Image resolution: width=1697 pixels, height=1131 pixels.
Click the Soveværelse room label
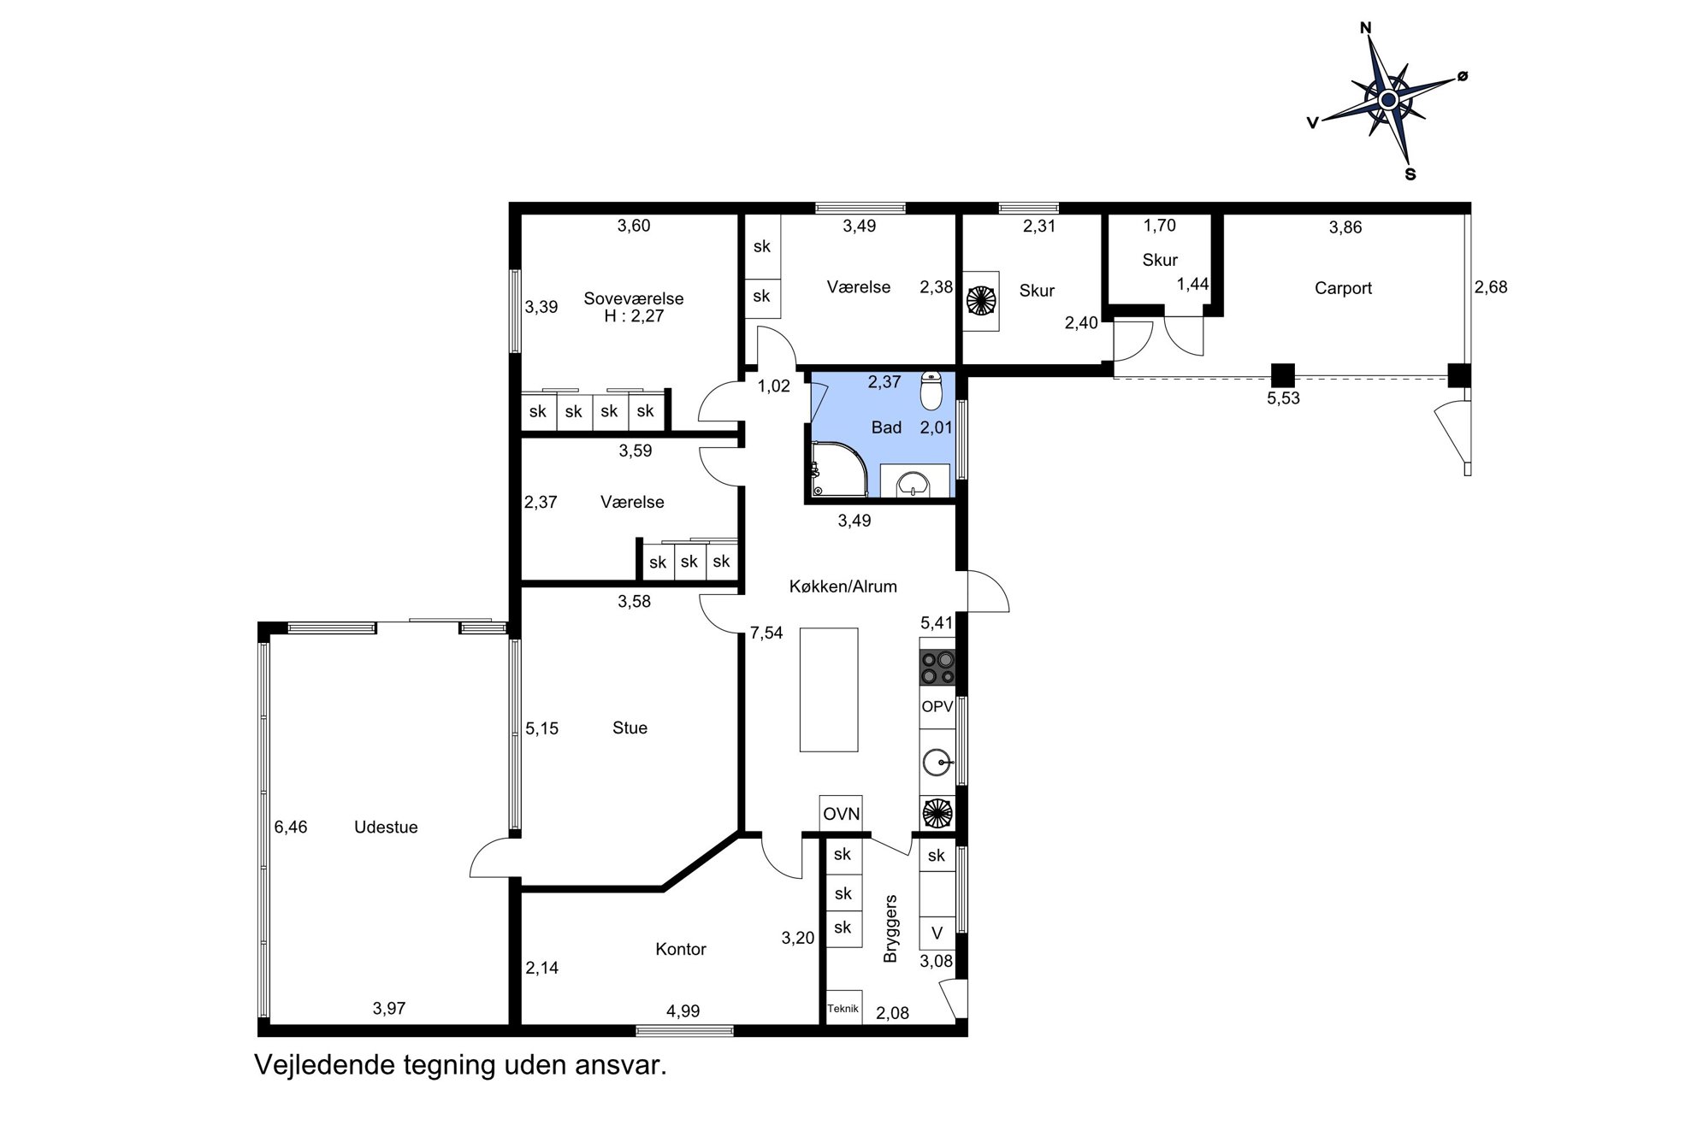click(x=633, y=298)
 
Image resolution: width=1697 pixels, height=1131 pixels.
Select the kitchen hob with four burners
click(x=937, y=668)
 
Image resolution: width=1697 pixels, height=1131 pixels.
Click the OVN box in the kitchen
click(x=841, y=814)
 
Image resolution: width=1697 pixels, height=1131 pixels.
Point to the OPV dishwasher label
click(x=937, y=707)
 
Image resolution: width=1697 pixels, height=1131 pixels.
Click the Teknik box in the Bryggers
click(x=843, y=1008)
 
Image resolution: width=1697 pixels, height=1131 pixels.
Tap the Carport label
click(x=1343, y=288)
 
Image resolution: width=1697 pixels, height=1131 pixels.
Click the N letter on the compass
click(x=1366, y=28)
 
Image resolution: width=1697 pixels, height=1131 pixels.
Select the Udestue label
click(x=386, y=827)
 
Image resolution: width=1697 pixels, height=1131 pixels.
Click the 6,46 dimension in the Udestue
click(x=291, y=827)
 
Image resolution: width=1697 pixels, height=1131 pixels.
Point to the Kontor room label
click(x=681, y=949)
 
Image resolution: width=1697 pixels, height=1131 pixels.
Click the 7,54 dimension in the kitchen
click(x=766, y=633)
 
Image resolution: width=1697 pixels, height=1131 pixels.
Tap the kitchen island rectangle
click(x=829, y=690)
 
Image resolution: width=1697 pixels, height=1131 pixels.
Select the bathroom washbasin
click(x=914, y=481)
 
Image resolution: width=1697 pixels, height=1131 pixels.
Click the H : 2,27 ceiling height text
click(x=634, y=316)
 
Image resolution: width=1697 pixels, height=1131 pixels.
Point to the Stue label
click(x=630, y=728)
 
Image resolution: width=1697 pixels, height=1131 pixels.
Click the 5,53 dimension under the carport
click(x=1283, y=398)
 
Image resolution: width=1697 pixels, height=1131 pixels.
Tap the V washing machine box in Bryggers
click(x=937, y=934)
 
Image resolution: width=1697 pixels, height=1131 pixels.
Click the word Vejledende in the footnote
click(x=314, y=1066)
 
